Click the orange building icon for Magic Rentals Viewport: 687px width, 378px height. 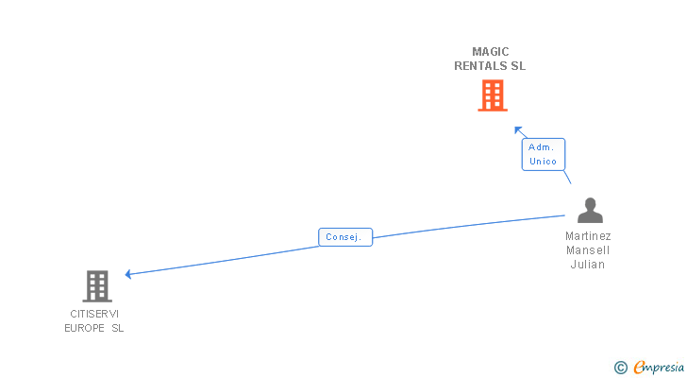click(x=492, y=95)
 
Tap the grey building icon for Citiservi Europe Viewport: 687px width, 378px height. click(x=96, y=285)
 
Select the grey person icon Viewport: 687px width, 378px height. click(x=590, y=210)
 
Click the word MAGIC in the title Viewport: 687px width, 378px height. click(x=491, y=51)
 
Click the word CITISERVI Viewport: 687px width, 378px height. click(x=94, y=314)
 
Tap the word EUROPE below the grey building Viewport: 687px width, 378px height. click(x=84, y=329)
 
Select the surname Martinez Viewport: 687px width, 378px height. click(x=588, y=236)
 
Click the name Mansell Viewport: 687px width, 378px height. click(x=588, y=250)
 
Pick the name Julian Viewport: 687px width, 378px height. click(x=588, y=265)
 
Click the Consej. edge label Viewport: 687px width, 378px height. click(x=345, y=237)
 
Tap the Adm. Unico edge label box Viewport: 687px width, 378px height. click(x=544, y=154)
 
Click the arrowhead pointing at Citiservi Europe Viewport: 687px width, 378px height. click(x=128, y=275)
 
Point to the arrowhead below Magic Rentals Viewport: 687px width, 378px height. click(x=517, y=129)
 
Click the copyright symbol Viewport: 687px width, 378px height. click(x=620, y=368)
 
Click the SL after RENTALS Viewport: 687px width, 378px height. click(x=518, y=66)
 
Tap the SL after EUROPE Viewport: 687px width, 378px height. click(x=117, y=329)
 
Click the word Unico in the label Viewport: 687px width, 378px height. click(x=544, y=162)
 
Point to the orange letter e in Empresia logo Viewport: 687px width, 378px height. click(x=639, y=368)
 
